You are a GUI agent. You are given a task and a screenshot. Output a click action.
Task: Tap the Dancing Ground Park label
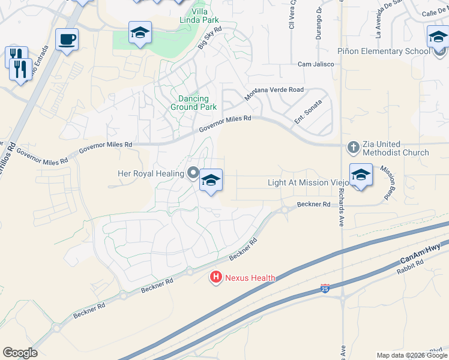(x=193, y=103)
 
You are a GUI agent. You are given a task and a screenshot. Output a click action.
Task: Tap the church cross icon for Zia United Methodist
(x=354, y=147)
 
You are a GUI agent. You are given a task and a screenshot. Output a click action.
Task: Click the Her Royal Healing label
(x=151, y=174)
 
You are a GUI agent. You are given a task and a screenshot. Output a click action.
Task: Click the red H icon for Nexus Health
(x=215, y=277)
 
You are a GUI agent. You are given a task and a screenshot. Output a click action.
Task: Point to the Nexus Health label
(x=250, y=278)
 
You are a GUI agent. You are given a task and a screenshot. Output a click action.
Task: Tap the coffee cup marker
(x=67, y=40)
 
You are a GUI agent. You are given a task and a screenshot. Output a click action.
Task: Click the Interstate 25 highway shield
(x=325, y=289)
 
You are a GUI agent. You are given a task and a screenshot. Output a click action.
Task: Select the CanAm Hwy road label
(x=420, y=254)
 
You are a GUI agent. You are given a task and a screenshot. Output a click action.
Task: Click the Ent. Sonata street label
(x=308, y=110)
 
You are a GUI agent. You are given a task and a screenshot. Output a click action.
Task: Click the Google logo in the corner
(x=20, y=353)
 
